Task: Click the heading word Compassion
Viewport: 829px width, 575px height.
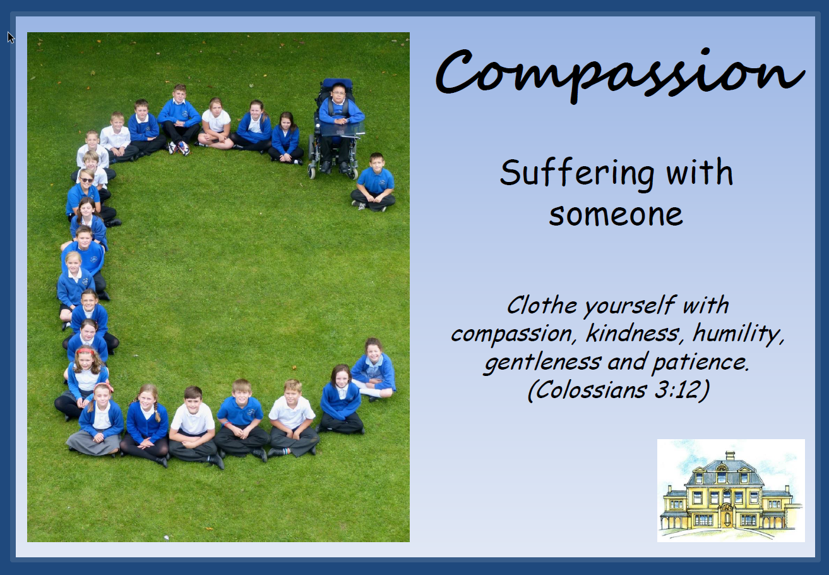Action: tap(619, 75)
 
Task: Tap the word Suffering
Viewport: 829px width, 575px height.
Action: tap(576, 174)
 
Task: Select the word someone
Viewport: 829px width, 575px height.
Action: tap(616, 215)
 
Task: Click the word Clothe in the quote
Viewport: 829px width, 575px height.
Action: tap(542, 306)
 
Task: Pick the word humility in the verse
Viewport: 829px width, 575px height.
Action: tap(738, 334)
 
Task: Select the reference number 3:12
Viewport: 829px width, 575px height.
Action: tap(681, 390)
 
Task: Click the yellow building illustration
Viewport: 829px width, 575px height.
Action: tap(731, 490)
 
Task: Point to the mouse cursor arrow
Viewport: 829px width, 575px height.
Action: tap(11, 37)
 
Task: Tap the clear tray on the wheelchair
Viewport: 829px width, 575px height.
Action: tap(343, 130)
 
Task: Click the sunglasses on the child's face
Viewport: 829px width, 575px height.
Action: tap(87, 180)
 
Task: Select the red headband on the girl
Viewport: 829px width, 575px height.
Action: tap(85, 351)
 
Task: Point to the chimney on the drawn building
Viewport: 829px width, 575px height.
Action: tap(730, 456)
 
